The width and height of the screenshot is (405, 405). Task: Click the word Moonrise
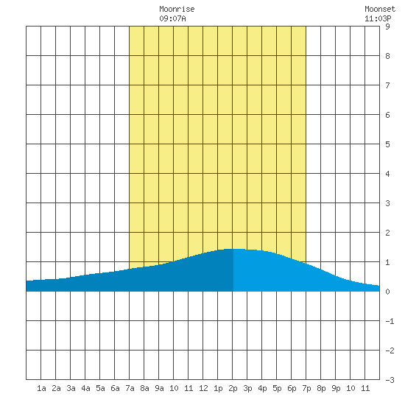tap(177, 9)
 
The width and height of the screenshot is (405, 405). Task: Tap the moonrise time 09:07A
tap(172, 18)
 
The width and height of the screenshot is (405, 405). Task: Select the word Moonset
tap(380, 9)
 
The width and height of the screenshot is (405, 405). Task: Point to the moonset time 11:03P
tap(378, 18)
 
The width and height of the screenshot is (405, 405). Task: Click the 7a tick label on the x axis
tap(130, 388)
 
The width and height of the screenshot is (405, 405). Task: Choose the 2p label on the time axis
tap(233, 388)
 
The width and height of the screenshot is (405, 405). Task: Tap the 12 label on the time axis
tap(203, 388)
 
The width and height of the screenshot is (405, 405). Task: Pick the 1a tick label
tap(41, 388)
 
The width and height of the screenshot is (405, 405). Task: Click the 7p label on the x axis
tap(306, 388)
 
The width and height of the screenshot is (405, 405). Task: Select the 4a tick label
tap(85, 388)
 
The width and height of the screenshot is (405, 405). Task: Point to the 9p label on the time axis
tap(336, 388)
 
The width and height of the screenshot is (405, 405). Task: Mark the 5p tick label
tap(277, 388)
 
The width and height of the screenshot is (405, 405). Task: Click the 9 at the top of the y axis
tap(387, 27)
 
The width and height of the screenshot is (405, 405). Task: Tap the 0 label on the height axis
tap(387, 292)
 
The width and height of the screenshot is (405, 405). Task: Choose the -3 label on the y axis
tap(390, 380)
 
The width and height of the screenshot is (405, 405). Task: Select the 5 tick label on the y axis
tap(387, 144)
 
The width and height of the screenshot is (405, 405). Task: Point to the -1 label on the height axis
tap(390, 321)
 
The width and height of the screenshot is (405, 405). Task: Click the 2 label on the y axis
tap(387, 233)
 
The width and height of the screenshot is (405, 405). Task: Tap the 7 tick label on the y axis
tap(387, 85)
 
